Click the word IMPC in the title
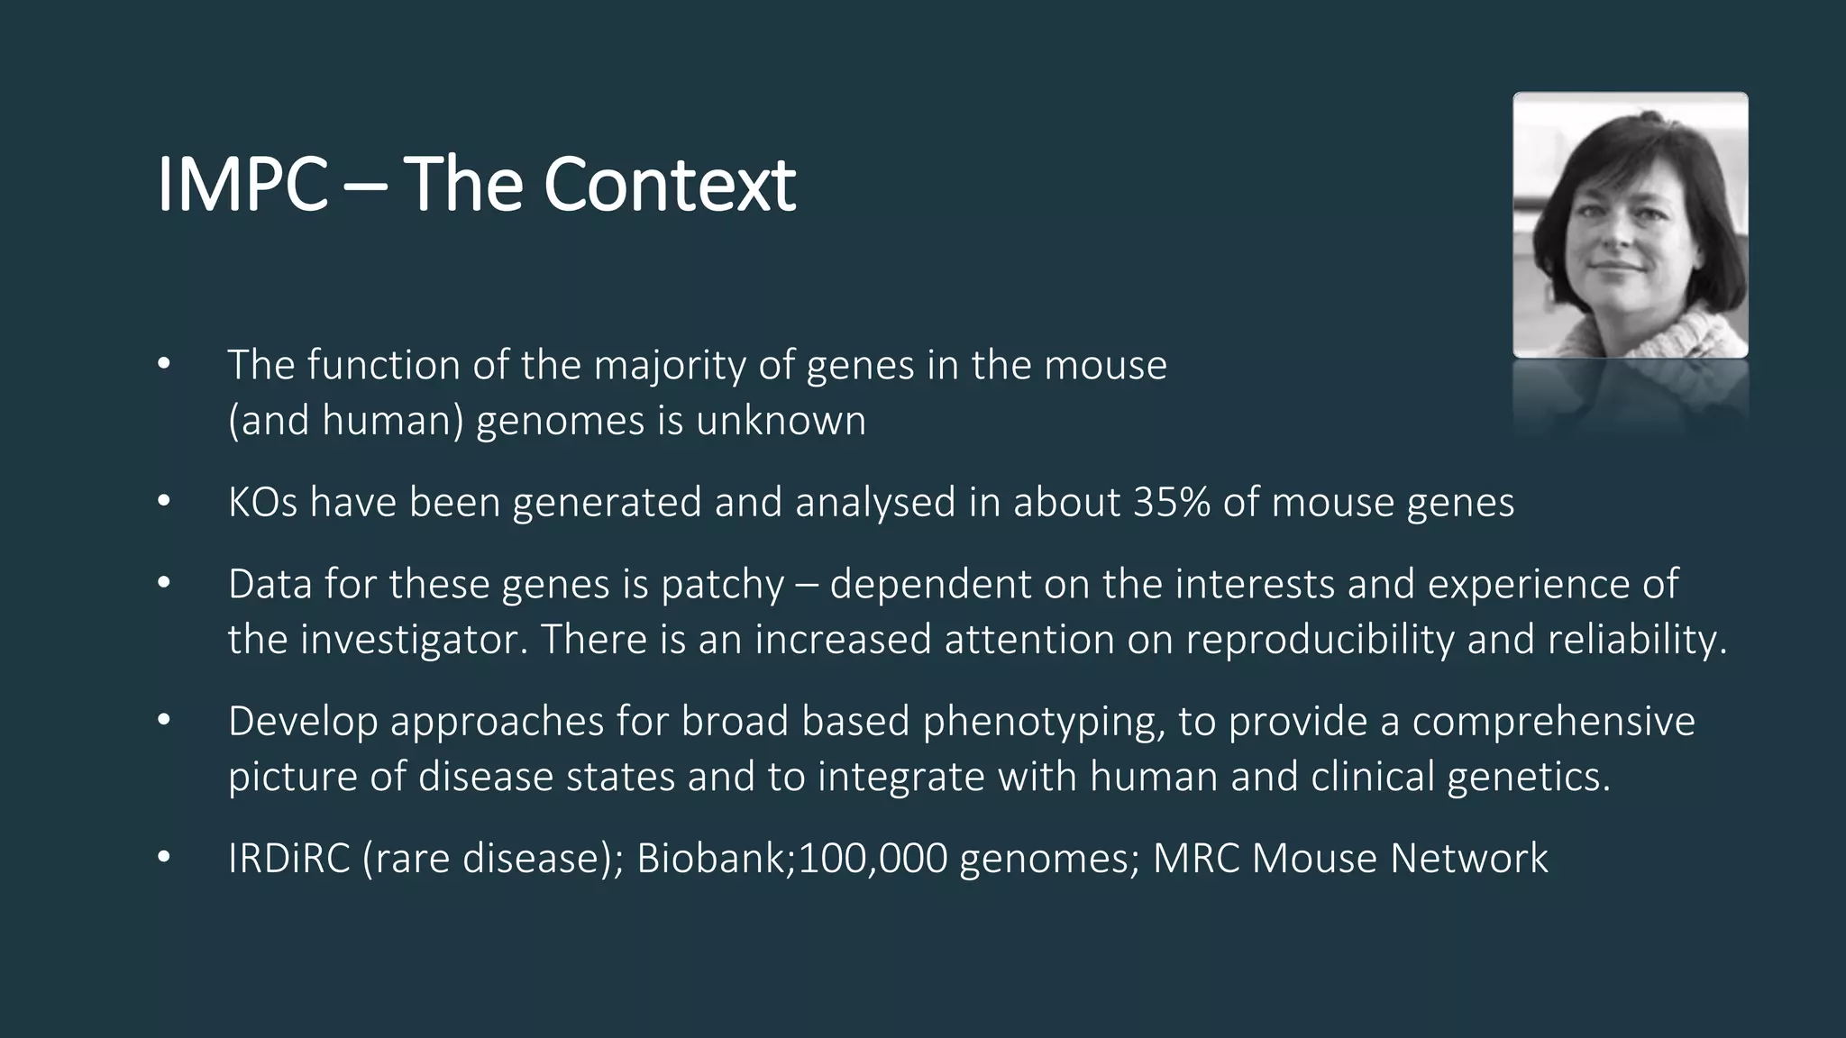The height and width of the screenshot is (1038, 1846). point(242,185)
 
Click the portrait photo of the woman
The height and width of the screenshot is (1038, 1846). point(1630,225)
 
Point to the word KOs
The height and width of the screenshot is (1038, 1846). point(262,503)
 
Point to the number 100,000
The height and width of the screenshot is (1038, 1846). point(873,859)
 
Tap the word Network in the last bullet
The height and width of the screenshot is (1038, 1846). point(1468,859)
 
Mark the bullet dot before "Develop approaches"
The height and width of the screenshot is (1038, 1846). point(163,721)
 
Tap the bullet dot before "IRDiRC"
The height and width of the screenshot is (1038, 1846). point(163,858)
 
